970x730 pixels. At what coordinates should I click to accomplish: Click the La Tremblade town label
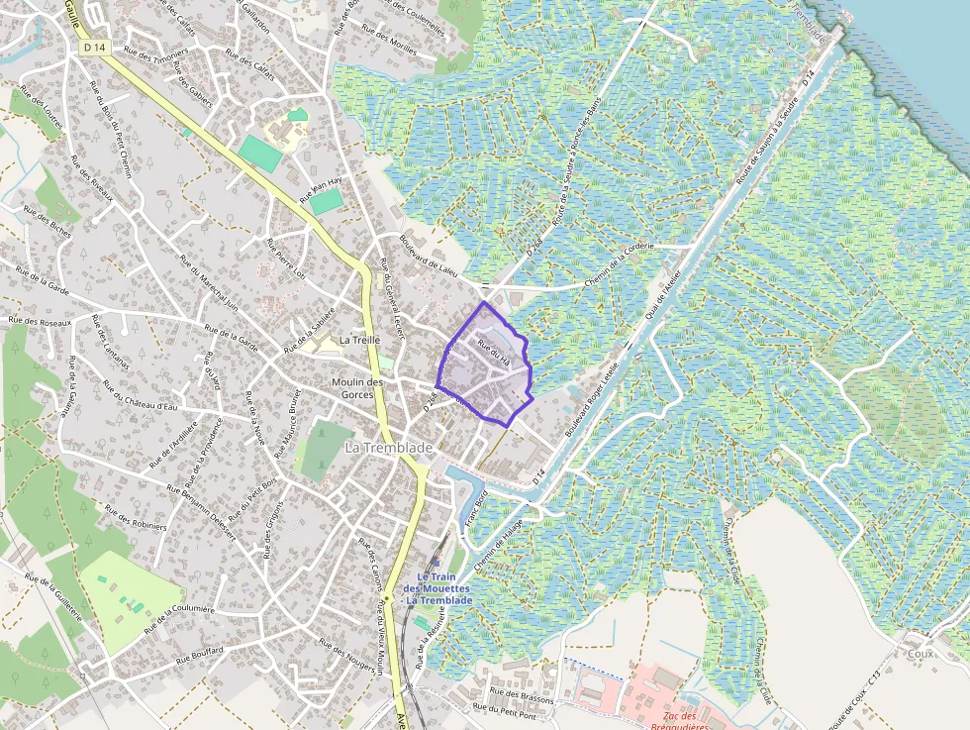389,449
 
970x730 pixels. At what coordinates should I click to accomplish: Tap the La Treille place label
359,340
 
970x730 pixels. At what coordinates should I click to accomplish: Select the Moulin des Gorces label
357,388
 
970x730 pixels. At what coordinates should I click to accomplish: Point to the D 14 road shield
94,48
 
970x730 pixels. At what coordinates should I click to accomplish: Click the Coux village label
920,654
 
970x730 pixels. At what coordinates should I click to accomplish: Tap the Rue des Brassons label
522,697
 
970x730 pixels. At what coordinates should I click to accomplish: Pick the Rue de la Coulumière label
179,617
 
